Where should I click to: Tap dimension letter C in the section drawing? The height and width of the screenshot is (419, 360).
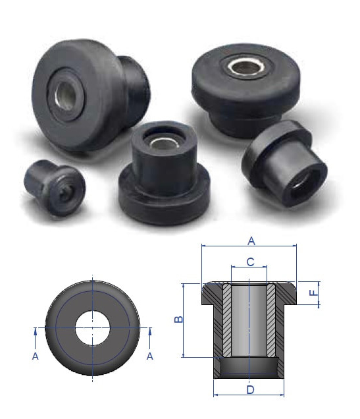click(x=249, y=262)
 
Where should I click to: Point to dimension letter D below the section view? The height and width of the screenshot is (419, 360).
click(x=249, y=389)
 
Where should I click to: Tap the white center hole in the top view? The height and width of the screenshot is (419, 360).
click(x=93, y=327)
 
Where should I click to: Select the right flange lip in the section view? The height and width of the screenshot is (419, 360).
click(x=290, y=292)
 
